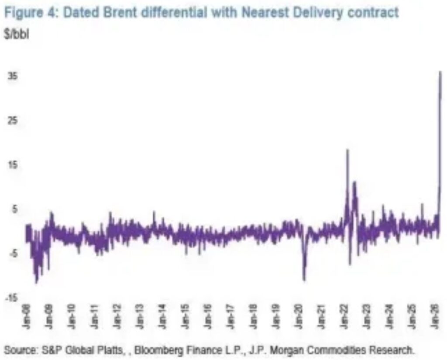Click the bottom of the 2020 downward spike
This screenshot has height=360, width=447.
304,280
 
